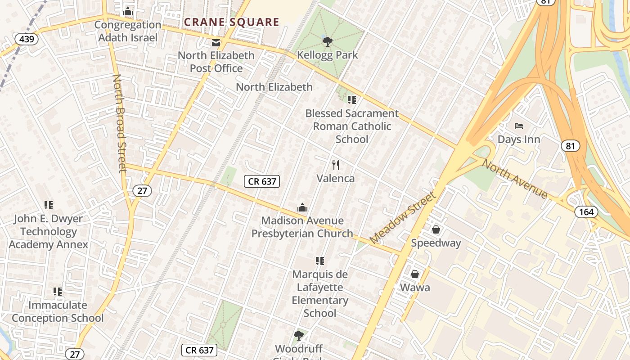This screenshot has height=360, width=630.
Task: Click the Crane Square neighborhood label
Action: pyautogui.click(x=231, y=22)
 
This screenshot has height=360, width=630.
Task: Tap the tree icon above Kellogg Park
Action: pyautogui.click(x=328, y=42)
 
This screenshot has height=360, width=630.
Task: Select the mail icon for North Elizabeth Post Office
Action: pyautogui.click(x=216, y=43)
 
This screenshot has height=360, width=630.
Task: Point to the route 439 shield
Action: pyautogui.click(x=27, y=39)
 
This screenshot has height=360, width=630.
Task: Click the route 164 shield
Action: pyautogui.click(x=586, y=211)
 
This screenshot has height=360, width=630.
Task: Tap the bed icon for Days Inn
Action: pyautogui.click(x=519, y=126)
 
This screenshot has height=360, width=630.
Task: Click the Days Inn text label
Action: pyautogui.click(x=519, y=139)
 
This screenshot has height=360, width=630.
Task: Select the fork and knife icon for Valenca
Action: pyautogui.click(x=335, y=165)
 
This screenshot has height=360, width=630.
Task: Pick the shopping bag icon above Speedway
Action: pyautogui.click(x=436, y=230)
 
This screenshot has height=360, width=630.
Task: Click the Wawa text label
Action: pyautogui.click(x=415, y=288)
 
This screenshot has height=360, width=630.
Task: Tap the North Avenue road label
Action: pyautogui.click(x=515, y=179)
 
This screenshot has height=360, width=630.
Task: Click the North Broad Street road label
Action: pyautogui.click(x=119, y=124)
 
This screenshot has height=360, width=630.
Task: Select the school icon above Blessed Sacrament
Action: pyautogui.click(x=352, y=100)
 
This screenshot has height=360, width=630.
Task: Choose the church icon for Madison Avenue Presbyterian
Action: pyautogui.click(x=302, y=207)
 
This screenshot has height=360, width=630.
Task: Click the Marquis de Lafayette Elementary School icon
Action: pyautogui.click(x=320, y=261)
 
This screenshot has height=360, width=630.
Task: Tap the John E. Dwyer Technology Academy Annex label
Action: pyautogui.click(x=48, y=232)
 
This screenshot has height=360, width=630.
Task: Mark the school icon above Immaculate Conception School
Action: pyautogui.click(x=58, y=292)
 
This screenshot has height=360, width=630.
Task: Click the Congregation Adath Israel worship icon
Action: pyautogui.click(x=128, y=11)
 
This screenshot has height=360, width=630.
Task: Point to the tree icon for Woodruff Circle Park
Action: pyautogui.click(x=298, y=335)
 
